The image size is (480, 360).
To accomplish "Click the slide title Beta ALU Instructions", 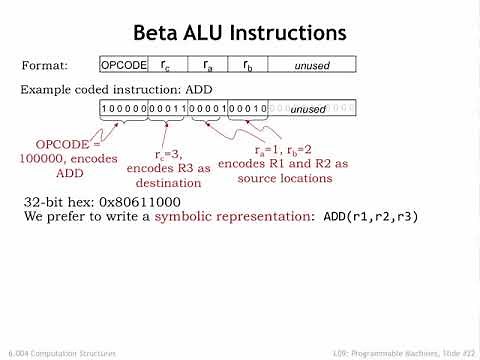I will pos(240,32).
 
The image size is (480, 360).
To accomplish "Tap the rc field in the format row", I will pos(166,65).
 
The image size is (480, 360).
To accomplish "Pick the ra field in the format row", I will pos(208,65).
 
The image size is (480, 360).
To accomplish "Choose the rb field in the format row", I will pos(248,65).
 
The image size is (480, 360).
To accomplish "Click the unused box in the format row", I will pos(312,65).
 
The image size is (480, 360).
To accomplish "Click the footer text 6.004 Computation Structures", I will pos(61,353).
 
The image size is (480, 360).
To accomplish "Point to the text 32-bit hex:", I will pos(58,202).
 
